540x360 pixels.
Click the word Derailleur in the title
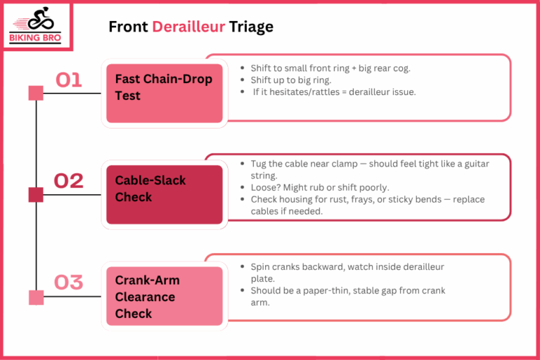pyautogui.click(x=188, y=27)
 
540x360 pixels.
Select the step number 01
pyautogui.click(x=69, y=79)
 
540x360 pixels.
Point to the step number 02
pyautogui.click(x=69, y=181)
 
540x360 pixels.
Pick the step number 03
pyautogui.click(x=69, y=282)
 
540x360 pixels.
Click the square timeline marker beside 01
pyautogui.click(x=36, y=93)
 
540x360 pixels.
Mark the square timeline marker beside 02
pyautogui.click(x=36, y=195)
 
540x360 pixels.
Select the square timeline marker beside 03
pyautogui.click(x=36, y=297)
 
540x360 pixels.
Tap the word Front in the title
pyautogui.click(x=128, y=27)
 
